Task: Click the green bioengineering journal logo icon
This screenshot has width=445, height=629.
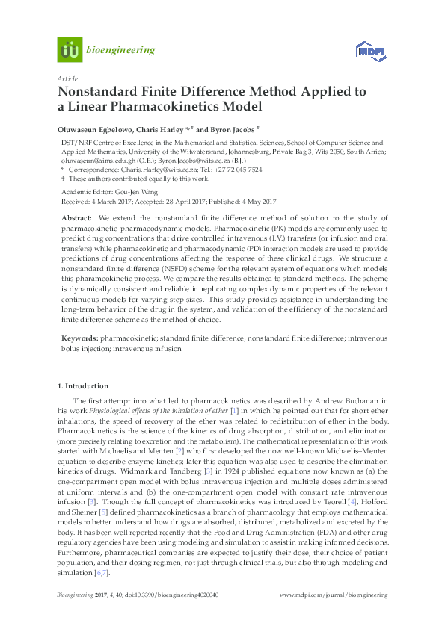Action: (x=70, y=50)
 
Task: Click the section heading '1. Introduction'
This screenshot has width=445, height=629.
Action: (x=83, y=386)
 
